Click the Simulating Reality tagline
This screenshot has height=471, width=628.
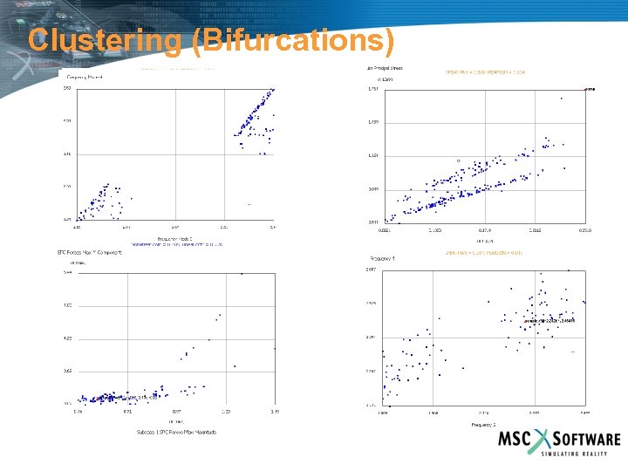(x=580, y=454)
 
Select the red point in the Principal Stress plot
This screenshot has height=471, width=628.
(x=585, y=89)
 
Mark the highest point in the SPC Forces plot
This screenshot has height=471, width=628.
(x=242, y=274)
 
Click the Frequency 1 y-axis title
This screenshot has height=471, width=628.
(x=384, y=259)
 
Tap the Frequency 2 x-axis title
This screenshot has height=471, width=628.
(x=483, y=424)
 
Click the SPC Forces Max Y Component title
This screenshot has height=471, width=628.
(x=96, y=253)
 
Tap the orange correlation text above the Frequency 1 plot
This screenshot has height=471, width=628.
(x=484, y=253)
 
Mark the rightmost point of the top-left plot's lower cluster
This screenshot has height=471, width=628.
(x=132, y=198)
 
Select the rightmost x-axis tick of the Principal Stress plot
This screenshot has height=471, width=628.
(x=586, y=230)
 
